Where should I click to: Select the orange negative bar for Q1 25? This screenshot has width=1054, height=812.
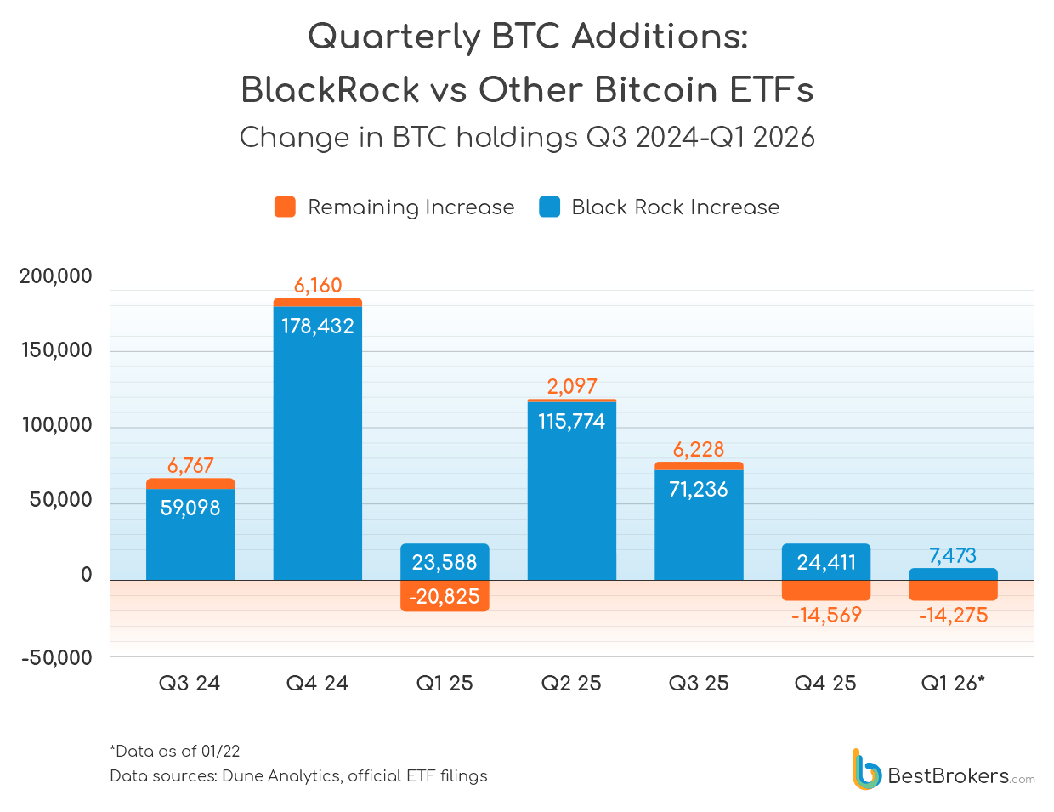[445, 596]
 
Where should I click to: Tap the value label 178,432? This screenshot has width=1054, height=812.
[317, 326]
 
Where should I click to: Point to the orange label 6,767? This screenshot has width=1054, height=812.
[190, 465]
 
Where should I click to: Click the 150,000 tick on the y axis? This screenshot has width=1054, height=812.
[56, 350]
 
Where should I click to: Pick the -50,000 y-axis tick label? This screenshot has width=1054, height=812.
[56, 657]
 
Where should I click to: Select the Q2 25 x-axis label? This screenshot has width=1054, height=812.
[571, 684]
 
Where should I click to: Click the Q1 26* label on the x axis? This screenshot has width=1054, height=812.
[953, 684]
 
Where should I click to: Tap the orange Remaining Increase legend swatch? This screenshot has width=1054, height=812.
[285, 207]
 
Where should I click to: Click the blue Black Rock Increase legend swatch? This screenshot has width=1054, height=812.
[549, 207]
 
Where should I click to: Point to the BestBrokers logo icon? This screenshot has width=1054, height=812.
[866, 769]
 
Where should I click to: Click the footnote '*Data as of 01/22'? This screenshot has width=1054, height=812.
[175, 752]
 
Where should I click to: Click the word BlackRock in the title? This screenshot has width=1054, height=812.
[330, 90]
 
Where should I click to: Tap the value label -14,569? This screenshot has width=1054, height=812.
[826, 615]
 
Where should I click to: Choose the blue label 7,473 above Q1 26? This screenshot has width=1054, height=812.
[953, 555]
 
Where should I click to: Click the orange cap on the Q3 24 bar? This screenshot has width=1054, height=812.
[190, 484]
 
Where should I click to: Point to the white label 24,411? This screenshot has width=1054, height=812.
[826, 562]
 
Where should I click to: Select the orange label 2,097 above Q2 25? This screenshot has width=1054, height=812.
[572, 386]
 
